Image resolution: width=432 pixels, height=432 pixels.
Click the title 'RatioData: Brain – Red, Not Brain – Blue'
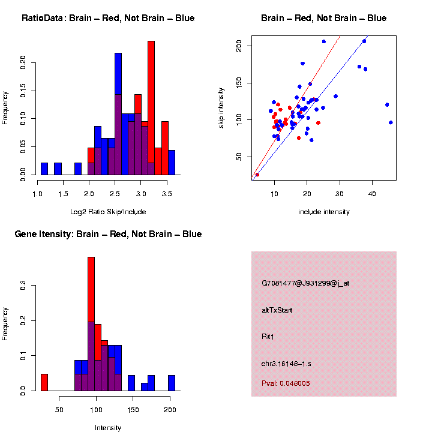tap(108, 18)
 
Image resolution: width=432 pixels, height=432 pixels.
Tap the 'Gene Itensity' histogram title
tap(108, 233)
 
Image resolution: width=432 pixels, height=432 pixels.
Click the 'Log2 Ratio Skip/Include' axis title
tap(108, 212)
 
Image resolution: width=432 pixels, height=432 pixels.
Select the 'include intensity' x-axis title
tap(324, 212)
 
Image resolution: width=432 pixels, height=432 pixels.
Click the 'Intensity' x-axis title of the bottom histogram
tap(108, 428)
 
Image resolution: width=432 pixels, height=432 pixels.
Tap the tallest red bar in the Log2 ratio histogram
tap(151, 108)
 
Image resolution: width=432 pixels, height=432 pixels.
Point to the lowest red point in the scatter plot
tap(257, 175)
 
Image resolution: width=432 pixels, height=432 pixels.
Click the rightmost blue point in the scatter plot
tap(391, 122)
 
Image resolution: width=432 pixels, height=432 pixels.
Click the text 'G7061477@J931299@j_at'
tap(305, 283)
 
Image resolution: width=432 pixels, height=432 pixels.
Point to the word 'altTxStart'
tap(277, 310)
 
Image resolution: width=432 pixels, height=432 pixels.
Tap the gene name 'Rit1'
tap(268, 337)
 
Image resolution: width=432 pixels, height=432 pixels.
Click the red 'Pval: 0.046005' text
tap(286, 383)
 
